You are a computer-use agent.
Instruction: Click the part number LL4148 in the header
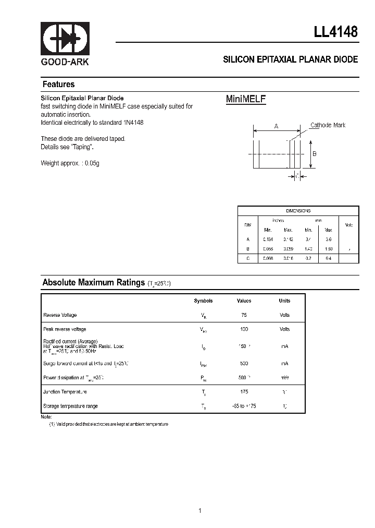tap(335, 31)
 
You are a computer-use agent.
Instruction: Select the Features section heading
tap(58, 85)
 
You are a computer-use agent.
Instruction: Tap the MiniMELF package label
tap(246, 99)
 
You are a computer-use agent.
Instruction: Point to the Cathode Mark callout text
tap(328, 125)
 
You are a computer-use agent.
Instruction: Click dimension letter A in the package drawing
tap(276, 126)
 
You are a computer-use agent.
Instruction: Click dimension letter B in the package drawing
tap(314, 154)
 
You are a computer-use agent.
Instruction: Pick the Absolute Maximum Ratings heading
tap(93, 282)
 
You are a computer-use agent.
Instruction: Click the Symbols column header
tap(203, 301)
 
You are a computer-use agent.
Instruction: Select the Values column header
tap(244, 301)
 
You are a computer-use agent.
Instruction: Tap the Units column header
tap(284, 301)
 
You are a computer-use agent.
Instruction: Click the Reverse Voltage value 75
tap(244, 315)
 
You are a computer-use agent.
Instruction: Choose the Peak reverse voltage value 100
tap(244, 329)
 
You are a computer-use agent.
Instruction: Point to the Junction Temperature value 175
tap(244, 392)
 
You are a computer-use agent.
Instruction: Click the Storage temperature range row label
tap(70, 406)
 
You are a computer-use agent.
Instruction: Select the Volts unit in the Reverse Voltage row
tap(284, 315)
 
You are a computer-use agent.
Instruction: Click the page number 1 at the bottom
tap(199, 496)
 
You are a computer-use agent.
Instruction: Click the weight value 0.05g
tap(92, 163)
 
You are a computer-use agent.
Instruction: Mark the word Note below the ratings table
tap(46, 417)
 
